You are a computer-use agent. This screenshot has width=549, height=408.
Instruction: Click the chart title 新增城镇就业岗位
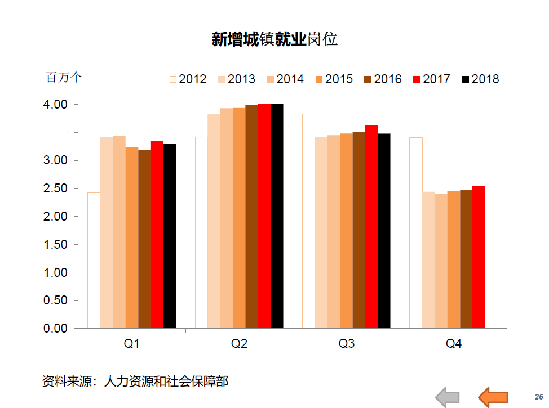[x=274, y=39]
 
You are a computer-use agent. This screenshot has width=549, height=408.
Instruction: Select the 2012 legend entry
[x=188, y=79]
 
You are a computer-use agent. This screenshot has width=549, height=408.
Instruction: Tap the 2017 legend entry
[x=432, y=79]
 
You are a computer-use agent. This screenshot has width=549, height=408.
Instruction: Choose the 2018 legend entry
[x=480, y=79]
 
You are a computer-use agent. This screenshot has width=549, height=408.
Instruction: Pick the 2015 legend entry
[x=334, y=79]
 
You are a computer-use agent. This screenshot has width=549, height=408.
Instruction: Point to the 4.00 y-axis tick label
[x=56, y=105]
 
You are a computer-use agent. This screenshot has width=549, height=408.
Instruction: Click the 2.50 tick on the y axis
[x=56, y=189]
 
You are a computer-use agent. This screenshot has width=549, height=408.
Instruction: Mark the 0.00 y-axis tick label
[x=56, y=328]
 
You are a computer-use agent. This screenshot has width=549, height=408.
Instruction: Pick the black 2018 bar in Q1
[x=170, y=236]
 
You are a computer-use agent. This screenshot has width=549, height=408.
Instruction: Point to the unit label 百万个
[x=64, y=78]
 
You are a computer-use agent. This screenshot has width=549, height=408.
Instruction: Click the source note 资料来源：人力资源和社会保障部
[x=135, y=381]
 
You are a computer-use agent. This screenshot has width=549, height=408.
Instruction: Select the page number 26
[x=538, y=396]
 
